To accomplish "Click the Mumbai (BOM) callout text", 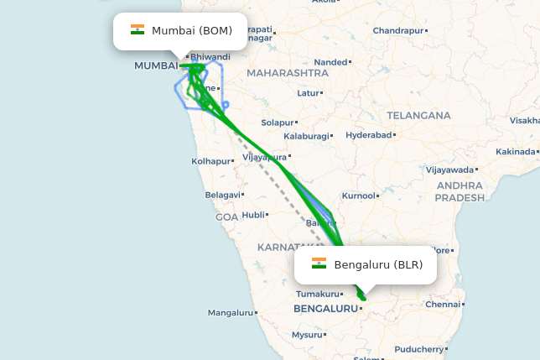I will pos(192,30).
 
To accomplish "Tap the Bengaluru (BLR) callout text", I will pos(378,265).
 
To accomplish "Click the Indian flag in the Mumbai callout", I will pos(138,30).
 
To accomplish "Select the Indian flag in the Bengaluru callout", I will pos(319,264).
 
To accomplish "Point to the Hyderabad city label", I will pos(369,135).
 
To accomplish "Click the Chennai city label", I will pos(443,305).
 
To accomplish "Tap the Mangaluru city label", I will pos(230,313).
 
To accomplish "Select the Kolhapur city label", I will pos(210,161).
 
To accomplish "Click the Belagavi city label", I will pos(222,195).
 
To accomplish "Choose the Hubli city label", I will pos(252,215).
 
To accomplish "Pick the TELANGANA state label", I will pos(418,116).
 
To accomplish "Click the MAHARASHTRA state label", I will pos(288,73).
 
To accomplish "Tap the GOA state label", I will pos(226,217).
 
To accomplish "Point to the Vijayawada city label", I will pos(450,170).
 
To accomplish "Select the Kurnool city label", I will pos(359,196).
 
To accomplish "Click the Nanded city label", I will pos(330,62).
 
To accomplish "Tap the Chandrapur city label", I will pos(398,31).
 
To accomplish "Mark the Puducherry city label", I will pos(420,349).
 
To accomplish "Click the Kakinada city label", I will pos(515,152).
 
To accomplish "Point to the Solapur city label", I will pos(277,123).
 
